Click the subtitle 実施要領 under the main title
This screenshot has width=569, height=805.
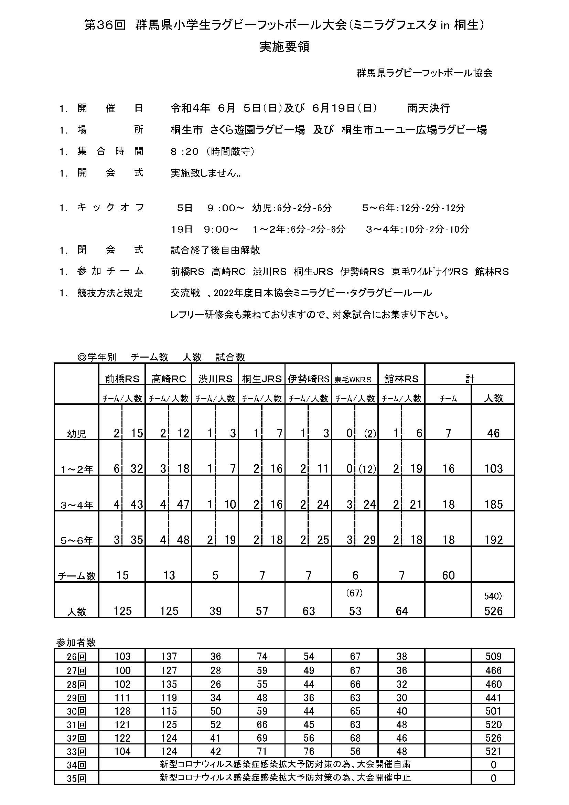[x=284, y=47]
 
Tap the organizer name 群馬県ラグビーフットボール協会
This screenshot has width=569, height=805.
[x=424, y=73]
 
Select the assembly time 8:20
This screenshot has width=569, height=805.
[x=184, y=152]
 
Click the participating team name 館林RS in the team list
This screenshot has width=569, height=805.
[x=492, y=272]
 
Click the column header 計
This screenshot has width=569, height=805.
[x=470, y=379]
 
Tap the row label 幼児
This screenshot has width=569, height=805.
[x=76, y=434]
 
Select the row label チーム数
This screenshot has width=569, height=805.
[x=76, y=576]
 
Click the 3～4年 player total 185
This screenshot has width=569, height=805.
[x=493, y=505]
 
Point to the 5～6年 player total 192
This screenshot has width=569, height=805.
[x=493, y=540]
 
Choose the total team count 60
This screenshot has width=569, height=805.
[x=449, y=575]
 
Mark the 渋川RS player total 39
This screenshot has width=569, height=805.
[x=215, y=612]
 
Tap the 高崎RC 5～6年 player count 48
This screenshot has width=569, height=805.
[x=183, y=540]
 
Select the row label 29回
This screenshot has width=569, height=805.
[x=76, y=698]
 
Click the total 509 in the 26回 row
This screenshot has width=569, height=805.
[x=493, y=656]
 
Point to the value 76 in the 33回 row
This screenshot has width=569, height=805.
[x=308, y=752]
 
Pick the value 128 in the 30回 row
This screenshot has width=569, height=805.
[x=122, y=711]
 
